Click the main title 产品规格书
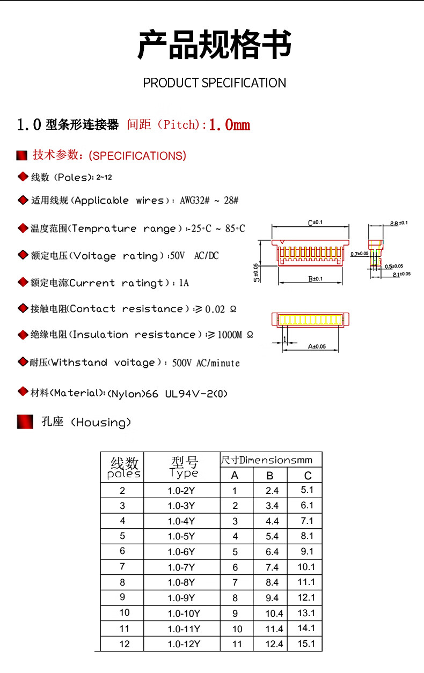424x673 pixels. click(x=215, y=45)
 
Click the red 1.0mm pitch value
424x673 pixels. click(x=229, y=125)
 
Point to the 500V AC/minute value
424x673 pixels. click(x=206, y=363)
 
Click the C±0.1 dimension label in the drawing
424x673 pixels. click(x=315, y=222)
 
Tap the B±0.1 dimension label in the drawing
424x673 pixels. click(x=315, y=279)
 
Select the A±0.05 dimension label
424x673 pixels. click(x=317, y=346)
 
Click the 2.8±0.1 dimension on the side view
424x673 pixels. click(x=399, y=223)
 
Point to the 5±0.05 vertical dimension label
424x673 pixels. click(x=257, y=272)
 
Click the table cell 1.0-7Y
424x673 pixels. click(x=181, y=567)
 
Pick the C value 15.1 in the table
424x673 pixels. click(x=306, y=644)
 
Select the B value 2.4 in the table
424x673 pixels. click(x=272, y=490)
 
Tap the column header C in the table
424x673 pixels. click(x=308, y=476)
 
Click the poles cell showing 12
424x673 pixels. click(x=125, y=644)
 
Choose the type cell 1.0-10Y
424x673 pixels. click(x=184, y=613)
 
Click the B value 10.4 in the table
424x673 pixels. click(x=274, y=613)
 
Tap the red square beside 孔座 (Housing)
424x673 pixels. click(x=25, y=422)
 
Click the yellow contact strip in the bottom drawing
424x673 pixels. click(x=309, y=320)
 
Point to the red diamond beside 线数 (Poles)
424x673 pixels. click(x=23, y=176)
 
